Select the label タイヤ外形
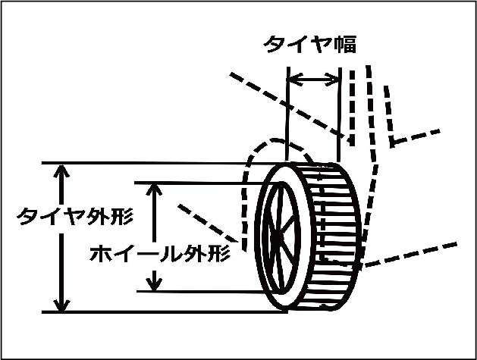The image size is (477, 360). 75,217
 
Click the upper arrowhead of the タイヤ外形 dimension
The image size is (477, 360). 62,171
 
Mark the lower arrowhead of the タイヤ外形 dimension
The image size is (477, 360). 62,302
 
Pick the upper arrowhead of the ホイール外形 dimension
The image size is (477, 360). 155,189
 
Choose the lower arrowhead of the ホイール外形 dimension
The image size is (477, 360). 155,283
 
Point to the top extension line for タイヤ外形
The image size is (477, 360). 152,163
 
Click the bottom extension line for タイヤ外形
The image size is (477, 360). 152,311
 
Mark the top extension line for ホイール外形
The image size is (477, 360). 197,182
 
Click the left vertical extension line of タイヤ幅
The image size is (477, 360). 288,114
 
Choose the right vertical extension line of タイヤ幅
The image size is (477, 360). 339,114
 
